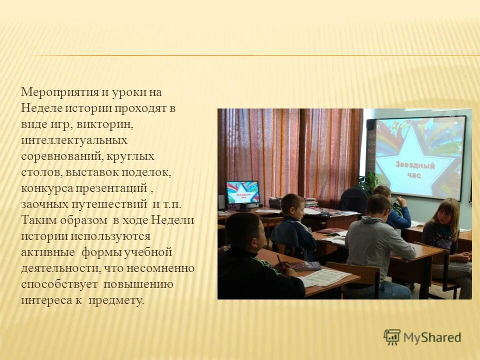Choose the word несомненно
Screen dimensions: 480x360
160,268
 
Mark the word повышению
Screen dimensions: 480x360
138,284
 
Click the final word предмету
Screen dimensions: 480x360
116,300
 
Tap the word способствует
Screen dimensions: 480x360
59,284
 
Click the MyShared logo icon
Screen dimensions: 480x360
392,337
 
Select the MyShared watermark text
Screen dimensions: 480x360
432,337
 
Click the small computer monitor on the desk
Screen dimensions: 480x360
243,194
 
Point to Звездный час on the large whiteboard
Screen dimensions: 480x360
415,170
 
